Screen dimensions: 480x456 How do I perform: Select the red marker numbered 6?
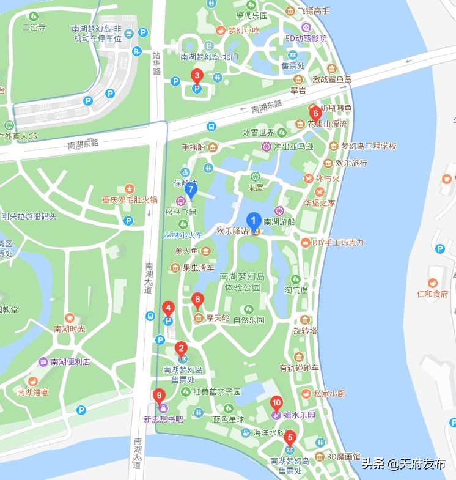click(315, 113)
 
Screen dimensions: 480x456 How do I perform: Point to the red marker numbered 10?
click(276, 403)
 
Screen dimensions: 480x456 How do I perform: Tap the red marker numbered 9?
click(159, 395)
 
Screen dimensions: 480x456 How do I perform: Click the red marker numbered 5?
click(290, 438)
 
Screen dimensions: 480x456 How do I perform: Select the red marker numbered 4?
click(169, 308)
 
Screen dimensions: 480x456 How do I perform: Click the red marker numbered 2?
click(181, 349)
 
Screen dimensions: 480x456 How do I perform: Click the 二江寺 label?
click(34, 28)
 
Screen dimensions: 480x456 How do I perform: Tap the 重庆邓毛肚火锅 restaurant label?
click(130, 199)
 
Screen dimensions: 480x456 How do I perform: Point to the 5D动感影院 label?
click(306, 38)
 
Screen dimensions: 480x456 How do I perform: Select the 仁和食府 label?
click(433, 294)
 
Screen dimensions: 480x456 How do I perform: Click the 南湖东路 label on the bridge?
click(267, 107)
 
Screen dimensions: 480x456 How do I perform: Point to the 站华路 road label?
click(156, 63)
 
